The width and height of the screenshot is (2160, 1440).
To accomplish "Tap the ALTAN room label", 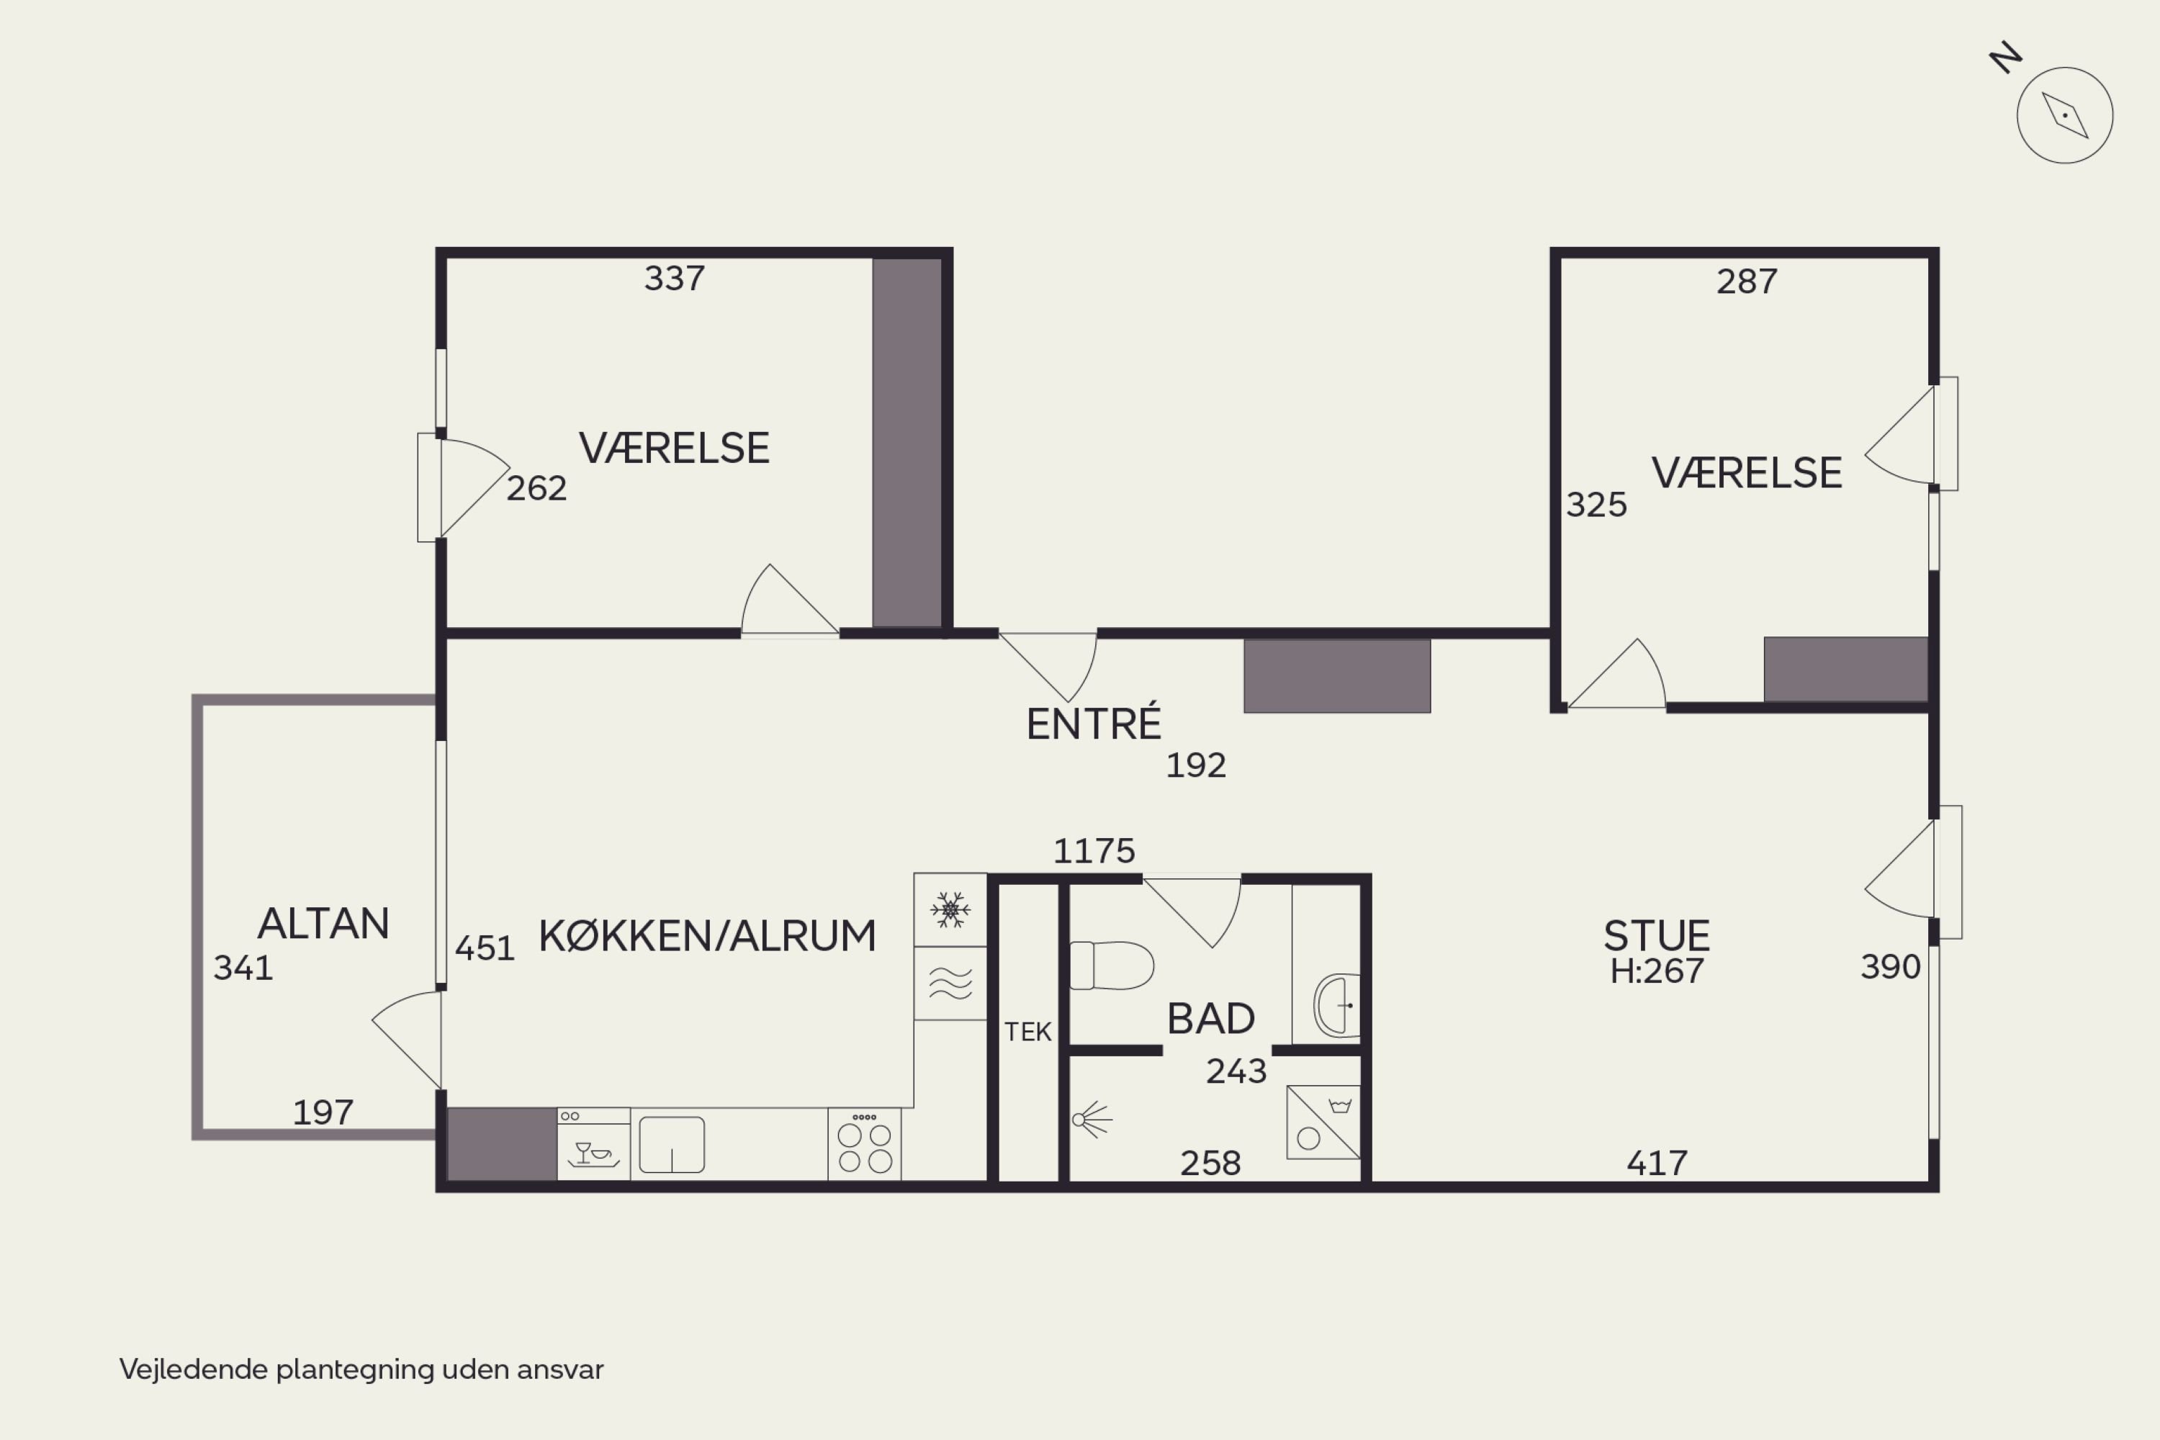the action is pyautogui.click(x=323, y=923).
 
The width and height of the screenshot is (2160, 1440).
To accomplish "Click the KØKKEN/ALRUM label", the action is pyautogui.click(x=707, y=936).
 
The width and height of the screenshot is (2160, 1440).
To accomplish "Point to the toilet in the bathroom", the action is pyautogui.click(x=1111, y=966).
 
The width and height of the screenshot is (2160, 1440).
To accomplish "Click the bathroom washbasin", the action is pyautogui.click(x=1336, y=1006).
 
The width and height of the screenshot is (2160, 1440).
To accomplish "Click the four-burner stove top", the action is pyautogui.click(x=864, y=1144).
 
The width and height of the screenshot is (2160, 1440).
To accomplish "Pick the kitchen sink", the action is pyautogui.click(x=671, y=1144).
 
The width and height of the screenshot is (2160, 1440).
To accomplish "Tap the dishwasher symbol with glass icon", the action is pyautogui.click(x=593, y=1144).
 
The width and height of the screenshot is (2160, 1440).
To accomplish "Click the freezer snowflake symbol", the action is pyautogui.click(x=950, y=909).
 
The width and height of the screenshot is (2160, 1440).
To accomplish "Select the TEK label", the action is pyautogui.click(x=1027, y=1032).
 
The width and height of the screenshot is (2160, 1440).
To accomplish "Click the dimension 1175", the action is pyautogui.click(x=1094, y=851).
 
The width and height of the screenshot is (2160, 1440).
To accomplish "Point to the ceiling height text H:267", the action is pyautogui.click(x=1657, y=971).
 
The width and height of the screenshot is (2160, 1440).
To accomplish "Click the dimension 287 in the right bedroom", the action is pyautogui.click(x=1747, y=281).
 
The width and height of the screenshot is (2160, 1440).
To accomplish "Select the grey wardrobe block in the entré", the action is pyautogui.click(x=1337, y=676).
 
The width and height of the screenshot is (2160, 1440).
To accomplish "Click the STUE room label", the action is pyautogui.click(x=1657, y=936).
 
